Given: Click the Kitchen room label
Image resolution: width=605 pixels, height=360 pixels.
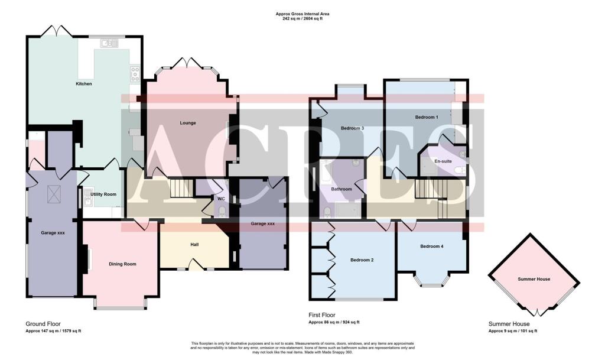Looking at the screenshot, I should pyautogui.click(x=84, y=84).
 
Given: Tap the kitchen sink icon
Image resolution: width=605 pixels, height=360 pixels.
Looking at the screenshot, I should pyautogui.click(x=109, y=43).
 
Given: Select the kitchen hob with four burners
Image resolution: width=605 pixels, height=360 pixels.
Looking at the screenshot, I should pyautogui.click(x=135, y=74).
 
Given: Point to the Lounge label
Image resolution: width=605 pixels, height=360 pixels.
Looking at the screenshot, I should pyautogui.click(x=188, y=123).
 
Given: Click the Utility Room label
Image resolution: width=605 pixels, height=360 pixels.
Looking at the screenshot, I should pyautogui.click(x=103, y=194).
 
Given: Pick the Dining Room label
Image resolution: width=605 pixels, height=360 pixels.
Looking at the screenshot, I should pyautogui.click(x=122, y=264).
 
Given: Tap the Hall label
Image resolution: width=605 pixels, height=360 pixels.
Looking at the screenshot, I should pyautogui.click(x=194, y=244).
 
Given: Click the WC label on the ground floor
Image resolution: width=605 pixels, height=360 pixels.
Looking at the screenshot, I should pyautogui.click(x=221, y=199).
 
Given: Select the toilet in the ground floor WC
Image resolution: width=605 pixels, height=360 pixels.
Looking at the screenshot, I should pyautogui.click(x=222, y=211).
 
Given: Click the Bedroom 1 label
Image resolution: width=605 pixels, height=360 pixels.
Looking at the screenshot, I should pyautogui.click(x=427, y=117).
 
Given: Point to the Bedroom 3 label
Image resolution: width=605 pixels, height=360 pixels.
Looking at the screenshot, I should pyautogui.click(x=352, y=128).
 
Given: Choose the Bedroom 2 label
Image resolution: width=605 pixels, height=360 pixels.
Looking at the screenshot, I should pyautogui.click(x=362, y=260).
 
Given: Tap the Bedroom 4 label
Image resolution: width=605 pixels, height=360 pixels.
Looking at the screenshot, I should pyautogui.click(x=431, y=246).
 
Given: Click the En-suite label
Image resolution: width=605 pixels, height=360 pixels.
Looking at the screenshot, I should pyautogui.click(x=443, y=161).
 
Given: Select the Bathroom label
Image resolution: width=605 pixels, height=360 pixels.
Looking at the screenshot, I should pyautogui.click(x=341, y=189).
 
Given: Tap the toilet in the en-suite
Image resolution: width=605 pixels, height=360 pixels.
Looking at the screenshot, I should pyautogui.click(x=459, y=170).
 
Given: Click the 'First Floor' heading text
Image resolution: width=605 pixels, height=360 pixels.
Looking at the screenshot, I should pyautogui.click(x=322, y=316).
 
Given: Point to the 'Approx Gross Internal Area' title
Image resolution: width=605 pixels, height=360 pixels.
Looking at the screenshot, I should pyautogui.click(x=302, y=13).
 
